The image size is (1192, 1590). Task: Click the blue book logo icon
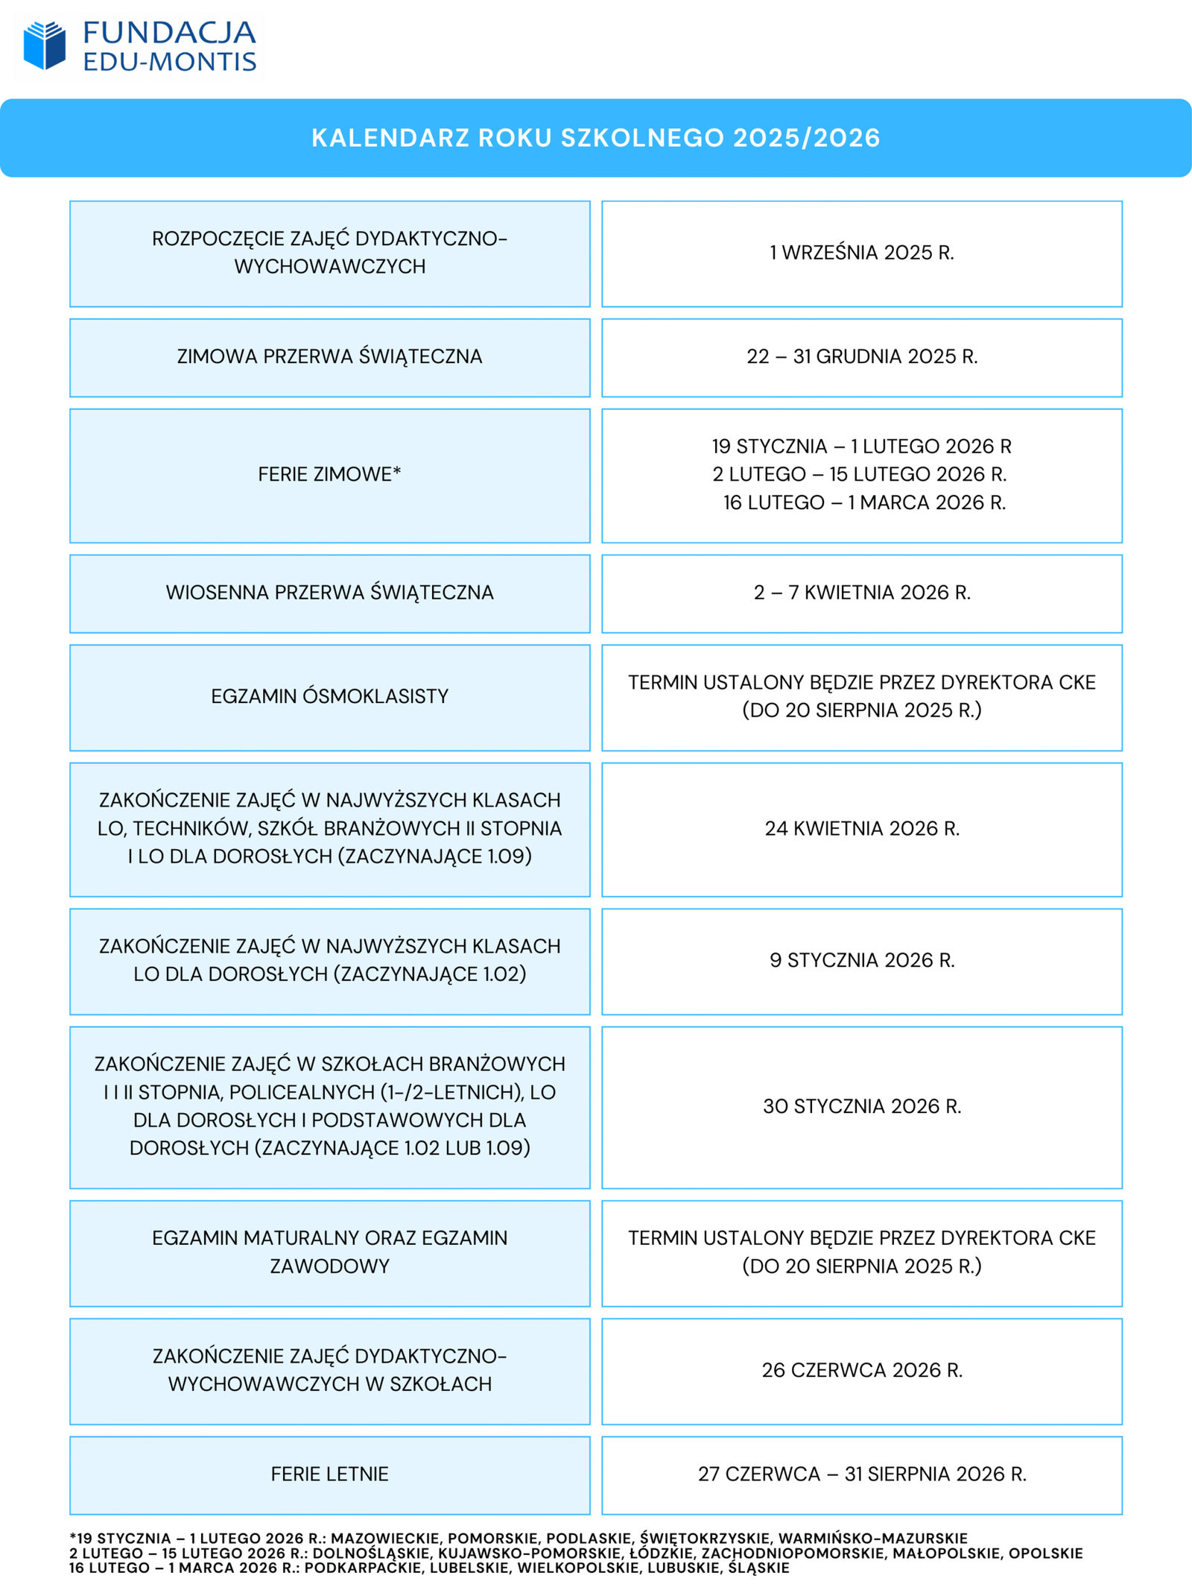[45, 45]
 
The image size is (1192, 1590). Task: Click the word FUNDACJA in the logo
[169, 33]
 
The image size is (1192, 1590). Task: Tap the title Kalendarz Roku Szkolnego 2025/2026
[596, 138]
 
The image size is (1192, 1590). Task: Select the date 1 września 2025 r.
[862, 253]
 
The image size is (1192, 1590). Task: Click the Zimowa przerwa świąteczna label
[329, 356]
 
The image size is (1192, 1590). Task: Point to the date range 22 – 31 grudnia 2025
[862, 356]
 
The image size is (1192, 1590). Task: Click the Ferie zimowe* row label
[329, 474]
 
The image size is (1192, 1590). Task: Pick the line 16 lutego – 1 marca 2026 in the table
[864, 502]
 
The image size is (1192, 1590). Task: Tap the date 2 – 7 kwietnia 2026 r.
[862, 593]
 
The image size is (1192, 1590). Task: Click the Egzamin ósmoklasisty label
[329, 696]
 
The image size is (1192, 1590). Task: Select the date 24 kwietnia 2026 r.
[862, 828]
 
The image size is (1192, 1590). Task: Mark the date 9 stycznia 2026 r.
[862, 960]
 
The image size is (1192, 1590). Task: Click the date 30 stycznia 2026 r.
[862, 1106]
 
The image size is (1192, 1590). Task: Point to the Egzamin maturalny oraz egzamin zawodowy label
[329, 1252]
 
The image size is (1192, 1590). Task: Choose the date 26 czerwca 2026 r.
[862, 1370]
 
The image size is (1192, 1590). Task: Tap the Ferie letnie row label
[329, 1474]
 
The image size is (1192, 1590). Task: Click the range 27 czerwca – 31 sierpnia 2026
[862, 1474]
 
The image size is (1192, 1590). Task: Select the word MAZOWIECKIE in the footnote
[384, 1538]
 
